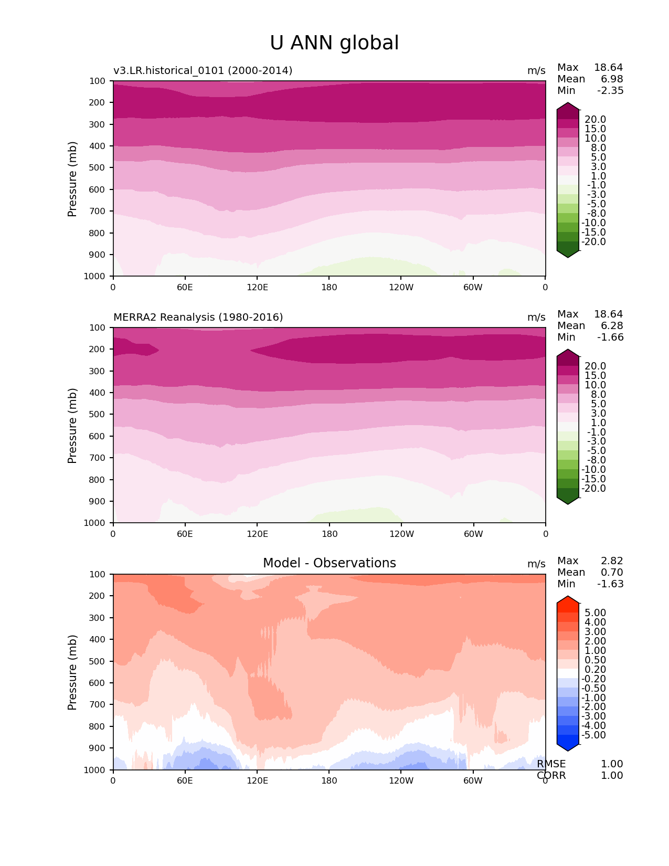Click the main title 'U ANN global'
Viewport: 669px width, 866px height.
(x=334, y=43)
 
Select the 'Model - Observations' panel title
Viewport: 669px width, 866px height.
(x=329, y=563)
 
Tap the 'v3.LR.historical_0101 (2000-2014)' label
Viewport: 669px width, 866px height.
(x=203, y=70)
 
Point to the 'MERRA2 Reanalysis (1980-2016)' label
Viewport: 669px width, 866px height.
(x=198, y=317)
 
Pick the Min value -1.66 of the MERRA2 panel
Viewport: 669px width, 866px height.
(x=610, y=337)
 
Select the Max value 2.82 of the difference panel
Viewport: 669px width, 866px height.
(x=612, y=561)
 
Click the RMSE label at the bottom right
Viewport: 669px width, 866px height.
(x=551, y=764)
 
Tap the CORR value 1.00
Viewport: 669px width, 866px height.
(x=612, y=775)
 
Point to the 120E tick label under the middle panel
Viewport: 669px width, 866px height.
(x=257, y=534)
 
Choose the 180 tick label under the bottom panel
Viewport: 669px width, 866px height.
(x=329, y=780)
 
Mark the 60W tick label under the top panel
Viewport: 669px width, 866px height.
(x=473, y=287)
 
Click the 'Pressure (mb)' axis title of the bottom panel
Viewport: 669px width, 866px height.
(x=72, y=672)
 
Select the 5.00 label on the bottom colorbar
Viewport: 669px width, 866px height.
(x=595, y=612)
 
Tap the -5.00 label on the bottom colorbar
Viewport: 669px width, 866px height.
(x=593, y=735)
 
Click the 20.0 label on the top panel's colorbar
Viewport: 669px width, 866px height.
(x=595, y=119)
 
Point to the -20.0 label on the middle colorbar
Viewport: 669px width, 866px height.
(x=593, y=488)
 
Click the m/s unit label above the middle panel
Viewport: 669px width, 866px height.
(x=536, y=317)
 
